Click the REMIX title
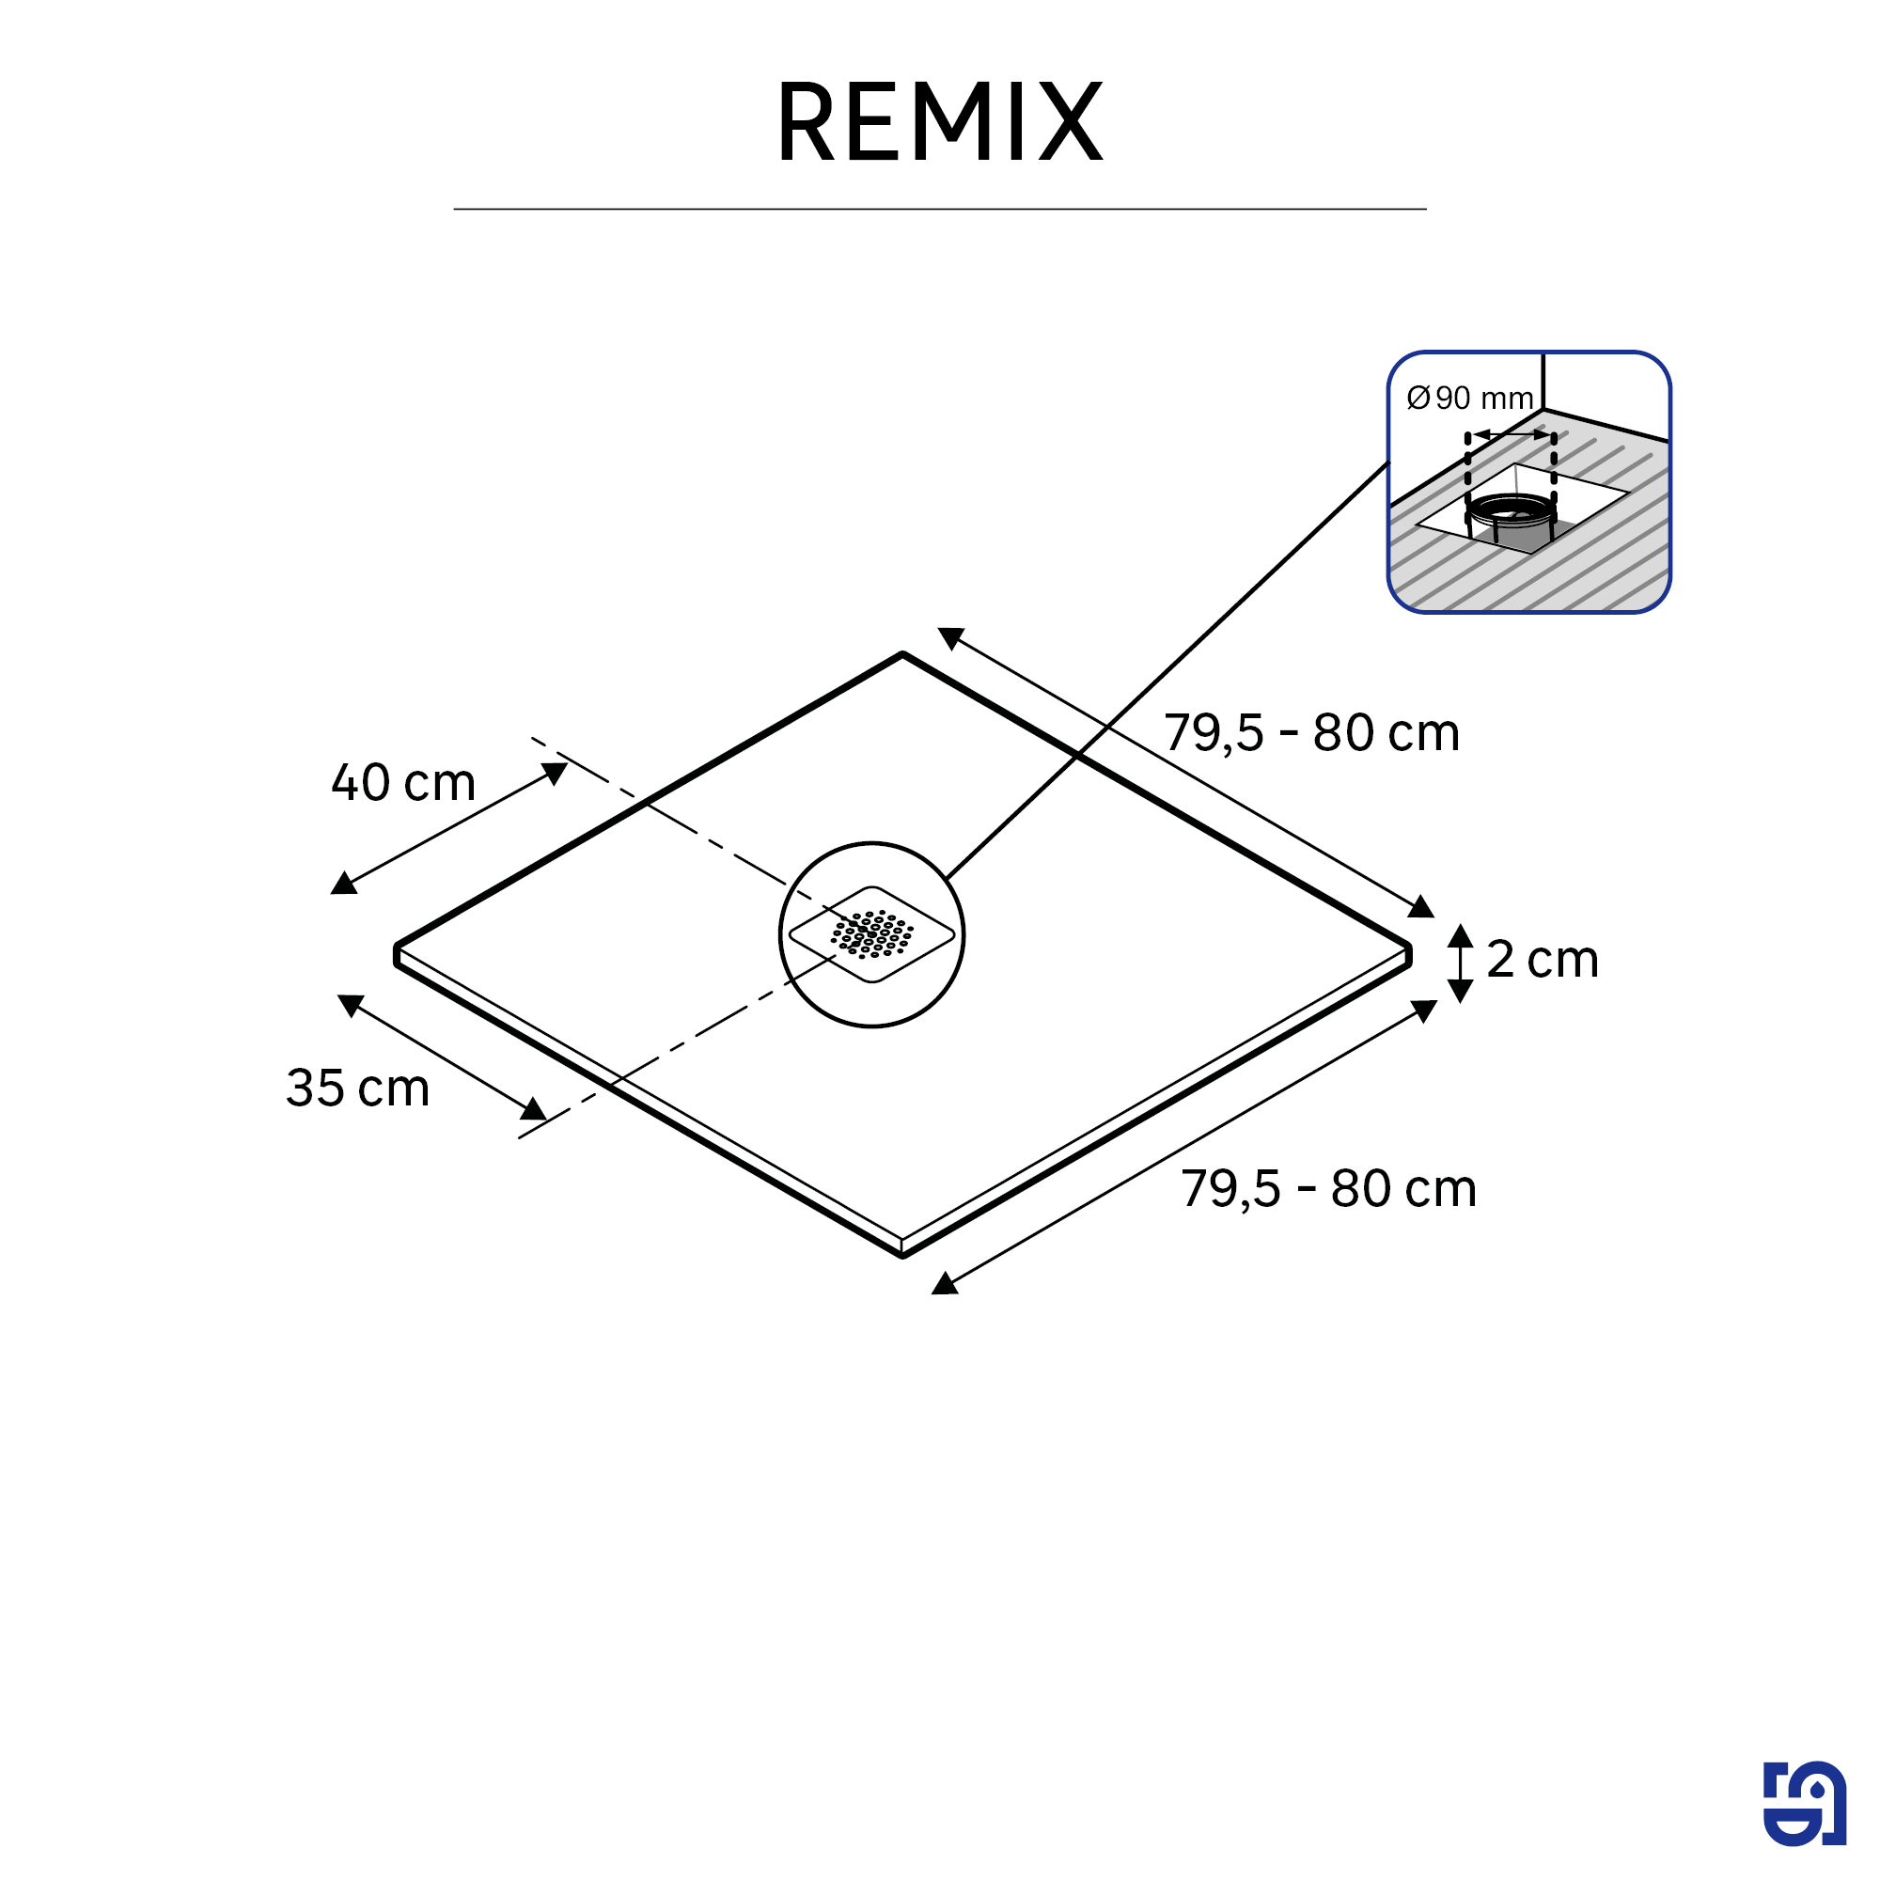click(x=939, y=121)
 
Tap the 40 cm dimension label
click(x=403, y=782)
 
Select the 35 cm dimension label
click(x=358, y=1088)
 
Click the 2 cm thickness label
click(x=1543, y=960)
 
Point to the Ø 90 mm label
click(x=1469, y=398)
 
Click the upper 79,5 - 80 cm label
click(x=1311, y=733)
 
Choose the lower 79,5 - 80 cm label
click(x=1329, y=1188)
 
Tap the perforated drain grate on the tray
click(x=871, y=934)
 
